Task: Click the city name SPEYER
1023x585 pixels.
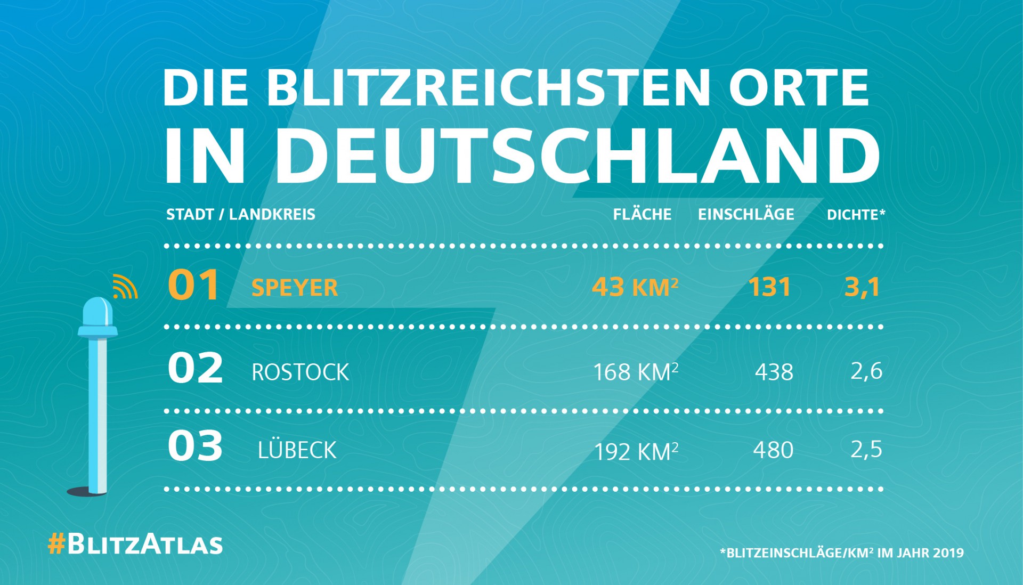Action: pos(295,288)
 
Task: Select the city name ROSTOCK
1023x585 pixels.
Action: pos(300,372)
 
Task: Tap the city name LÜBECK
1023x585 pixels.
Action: pos(297,450)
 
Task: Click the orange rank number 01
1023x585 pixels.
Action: pos(193,285)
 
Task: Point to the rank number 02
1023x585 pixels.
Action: pos(195,368)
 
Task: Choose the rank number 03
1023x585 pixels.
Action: pos(195,446)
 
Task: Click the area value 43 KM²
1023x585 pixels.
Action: pos(635,287)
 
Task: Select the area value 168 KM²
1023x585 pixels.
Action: pos(636,372)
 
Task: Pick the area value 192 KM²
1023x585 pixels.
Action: pos(636,451)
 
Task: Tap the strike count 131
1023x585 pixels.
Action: pos(769,287)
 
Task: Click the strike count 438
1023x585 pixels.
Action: pos(774,372)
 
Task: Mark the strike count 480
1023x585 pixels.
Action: pos(773,450)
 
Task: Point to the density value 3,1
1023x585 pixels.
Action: pos(862,287)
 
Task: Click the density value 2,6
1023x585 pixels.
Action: pos(866,371)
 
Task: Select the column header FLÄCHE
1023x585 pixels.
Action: pos(642,214)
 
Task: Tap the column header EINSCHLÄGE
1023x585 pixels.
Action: pos(746,214)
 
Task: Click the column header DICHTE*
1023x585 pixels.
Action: pos(856,215)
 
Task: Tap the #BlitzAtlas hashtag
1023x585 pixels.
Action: pos(135,545)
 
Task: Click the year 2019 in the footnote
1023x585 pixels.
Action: pos(948,552)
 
